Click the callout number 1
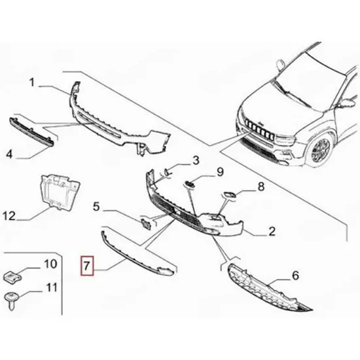pyautogui.click(x=32, y=82)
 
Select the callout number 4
pyautogui.click(x=9, y=154)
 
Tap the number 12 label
pyautogui.click(x=9, y=216)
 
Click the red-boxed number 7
pyautogui.click(x=87, y=266)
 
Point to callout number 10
pyautogui.click(x=50, y=264)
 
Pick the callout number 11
pyautogui.click(x=52, y=288)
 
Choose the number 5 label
pyautogui.click(x=96, y=207)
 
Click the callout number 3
pyautogui.click(x=196, y=160)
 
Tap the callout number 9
pyautogui.click(x=220, y=172)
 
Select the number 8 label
pyautogui.click(x=261, y=187)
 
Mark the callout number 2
pyautogui.click(x=272, y=231)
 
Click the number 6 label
pyautogui.click(x=295, y=276)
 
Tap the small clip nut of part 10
pyautogui.click(x=12, y=277)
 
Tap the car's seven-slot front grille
pyautogui.click(x=259, y=128)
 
